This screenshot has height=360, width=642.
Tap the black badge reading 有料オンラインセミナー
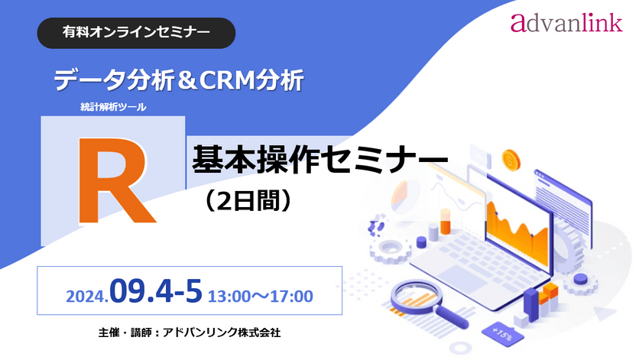click(x=136, y=32)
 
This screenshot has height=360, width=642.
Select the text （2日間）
click(x=244, y=200)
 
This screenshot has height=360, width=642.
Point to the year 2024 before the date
click(x=86, y=294)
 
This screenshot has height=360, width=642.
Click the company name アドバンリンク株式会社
click(x=228, y=333)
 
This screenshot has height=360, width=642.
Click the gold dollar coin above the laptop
click(x=510, y=161)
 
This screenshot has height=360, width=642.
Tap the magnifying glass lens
click(x=413, y=294)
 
